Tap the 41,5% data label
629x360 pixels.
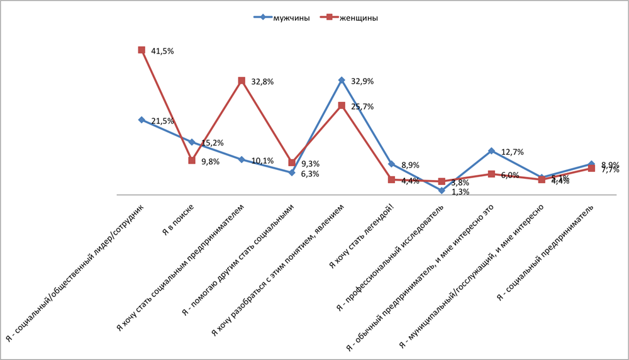tap(162, 51)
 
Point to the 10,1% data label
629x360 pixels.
tap(262, 160)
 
